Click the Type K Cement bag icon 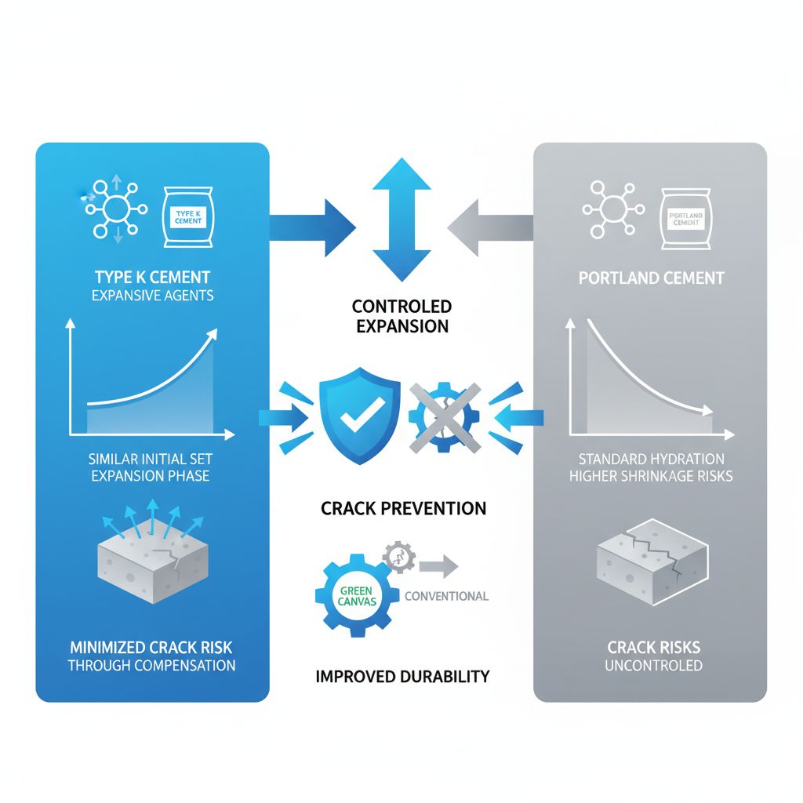pyautogui.click(x=188, y=217)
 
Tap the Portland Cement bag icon pyautogui.click(x=685, y=219)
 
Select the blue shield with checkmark pyautogui.click(x=359, y=416)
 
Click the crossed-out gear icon pyautogui.click(x=445, y=417)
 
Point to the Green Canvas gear pyautogui.click(x=357, y=595)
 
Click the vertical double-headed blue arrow pyautogui.click(x=401, y=220)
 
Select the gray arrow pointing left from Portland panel pyautogui.click(x=491, y=227)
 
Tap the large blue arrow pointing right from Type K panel pyautogui.click(x=312, y=227)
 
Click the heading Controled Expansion pyautogui.click(x=402, y=316)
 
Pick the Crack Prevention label pyautogui.click(x=404, y=508)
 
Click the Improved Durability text pyautogui.click(x=402, y=677)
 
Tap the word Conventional pyautogui.click(x=446, y=596)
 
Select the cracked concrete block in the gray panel pyautogui.click(x=653, y=562)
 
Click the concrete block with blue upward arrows pyautogui.click(x=153, y=552)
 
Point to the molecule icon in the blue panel pyautogui.click(x=116, y=209)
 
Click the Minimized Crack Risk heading pyautogui.click(x=151, y=648)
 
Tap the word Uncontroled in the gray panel pyautogui.click(x=653, y=666)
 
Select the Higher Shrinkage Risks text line pyautogui.click(x=651, y=476)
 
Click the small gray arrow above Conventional pyautogui.click(x=438, y=566)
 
